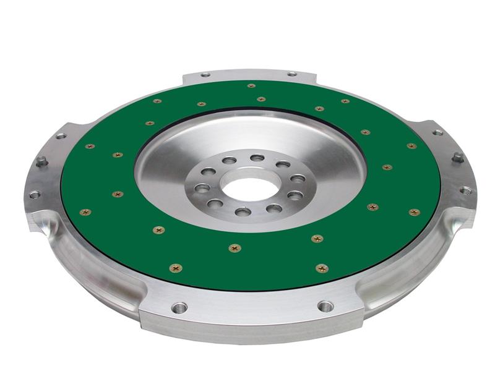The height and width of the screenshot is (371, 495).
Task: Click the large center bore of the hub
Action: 250,189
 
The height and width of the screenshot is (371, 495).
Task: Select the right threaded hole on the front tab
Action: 325,305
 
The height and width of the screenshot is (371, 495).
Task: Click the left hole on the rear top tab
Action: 206,75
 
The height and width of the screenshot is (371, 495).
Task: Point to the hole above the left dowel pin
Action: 61,135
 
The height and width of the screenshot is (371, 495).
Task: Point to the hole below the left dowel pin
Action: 35,194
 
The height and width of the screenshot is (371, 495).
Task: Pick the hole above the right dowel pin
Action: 437,132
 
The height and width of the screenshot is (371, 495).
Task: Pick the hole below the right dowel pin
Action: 465,190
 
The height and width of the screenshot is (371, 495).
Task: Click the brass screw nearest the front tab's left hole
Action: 176,268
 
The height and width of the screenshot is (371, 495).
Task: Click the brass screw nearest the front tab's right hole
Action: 321,268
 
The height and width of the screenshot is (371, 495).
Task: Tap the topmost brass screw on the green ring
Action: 251,86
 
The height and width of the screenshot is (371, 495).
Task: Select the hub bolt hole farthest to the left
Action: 202,188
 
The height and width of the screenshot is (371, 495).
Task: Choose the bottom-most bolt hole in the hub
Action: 243,212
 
